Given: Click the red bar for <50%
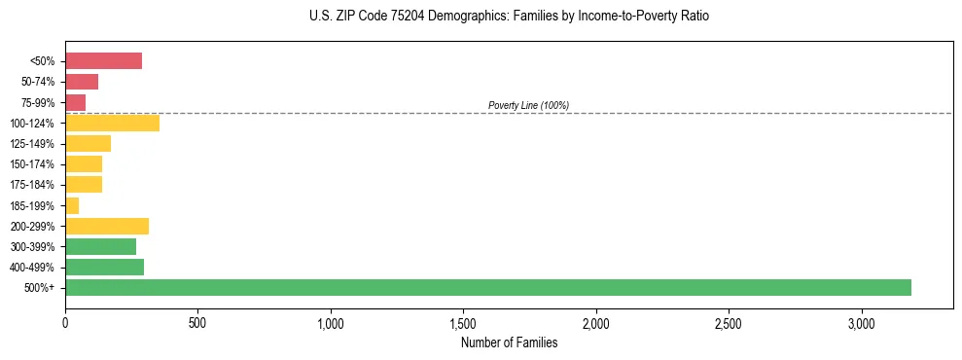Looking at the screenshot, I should tap(103, 61).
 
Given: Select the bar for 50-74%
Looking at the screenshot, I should tap(82, 82).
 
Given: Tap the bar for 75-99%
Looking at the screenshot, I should tap(75, 102).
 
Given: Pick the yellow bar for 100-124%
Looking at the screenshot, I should tap(112, 124).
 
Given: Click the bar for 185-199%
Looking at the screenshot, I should tap(72, 205).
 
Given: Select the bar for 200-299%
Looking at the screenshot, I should tap(107, 226).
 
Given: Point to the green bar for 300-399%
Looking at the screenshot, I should tap(100, 246).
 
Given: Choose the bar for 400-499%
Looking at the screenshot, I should tap(104, 267).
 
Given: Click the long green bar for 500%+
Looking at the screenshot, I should tap(487, 287).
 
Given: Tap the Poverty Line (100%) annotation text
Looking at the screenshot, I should tap(528, 105).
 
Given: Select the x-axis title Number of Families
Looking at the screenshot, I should tap(509, 342).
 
